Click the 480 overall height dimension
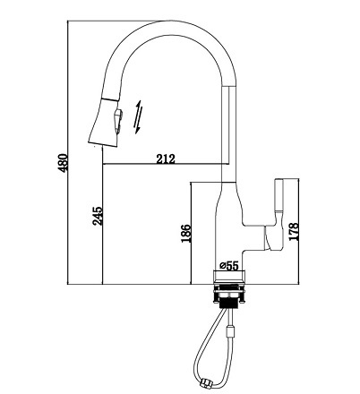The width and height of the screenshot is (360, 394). [x=63, y=163]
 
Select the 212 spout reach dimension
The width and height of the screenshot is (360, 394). [x=166, y=158]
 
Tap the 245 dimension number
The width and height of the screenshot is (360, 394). [x=98, y=216]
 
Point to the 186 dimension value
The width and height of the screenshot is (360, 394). [x=185, y=233]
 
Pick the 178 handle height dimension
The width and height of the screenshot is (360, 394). [x=294, y=232]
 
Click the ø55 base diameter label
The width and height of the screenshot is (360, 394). [x=229, y=265]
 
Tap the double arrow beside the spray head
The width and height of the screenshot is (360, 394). [x=138, y=116]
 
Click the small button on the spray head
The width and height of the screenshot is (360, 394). [x=118, y=118]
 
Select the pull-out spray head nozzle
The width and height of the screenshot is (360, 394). [x=105, y=123]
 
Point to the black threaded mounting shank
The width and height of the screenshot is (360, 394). [x=229, y=302]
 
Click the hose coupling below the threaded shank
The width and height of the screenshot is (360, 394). [x=231, y=330]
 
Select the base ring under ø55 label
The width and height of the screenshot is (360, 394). [x=229, y=276]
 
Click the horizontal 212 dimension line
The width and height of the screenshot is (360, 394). [x=166, y=164]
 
